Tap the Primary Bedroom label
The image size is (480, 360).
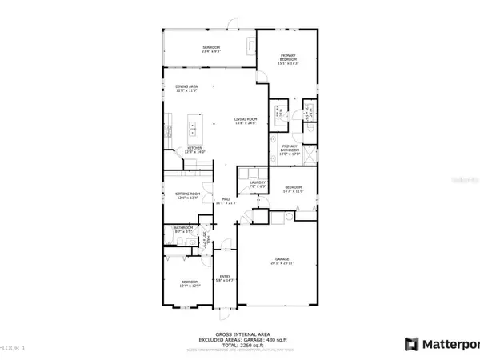coord(289,57)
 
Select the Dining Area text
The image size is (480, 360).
coord(186,90)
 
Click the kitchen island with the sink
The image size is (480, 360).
coord(194,126)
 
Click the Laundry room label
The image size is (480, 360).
coord(257,184)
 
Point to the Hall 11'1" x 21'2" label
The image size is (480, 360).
coord(226,201)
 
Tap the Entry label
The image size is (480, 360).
coord(226,278)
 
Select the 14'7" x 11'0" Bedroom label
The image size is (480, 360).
coord(294,190)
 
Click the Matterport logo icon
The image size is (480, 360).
coord(411,345)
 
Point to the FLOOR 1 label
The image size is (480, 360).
coord(13,347)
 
